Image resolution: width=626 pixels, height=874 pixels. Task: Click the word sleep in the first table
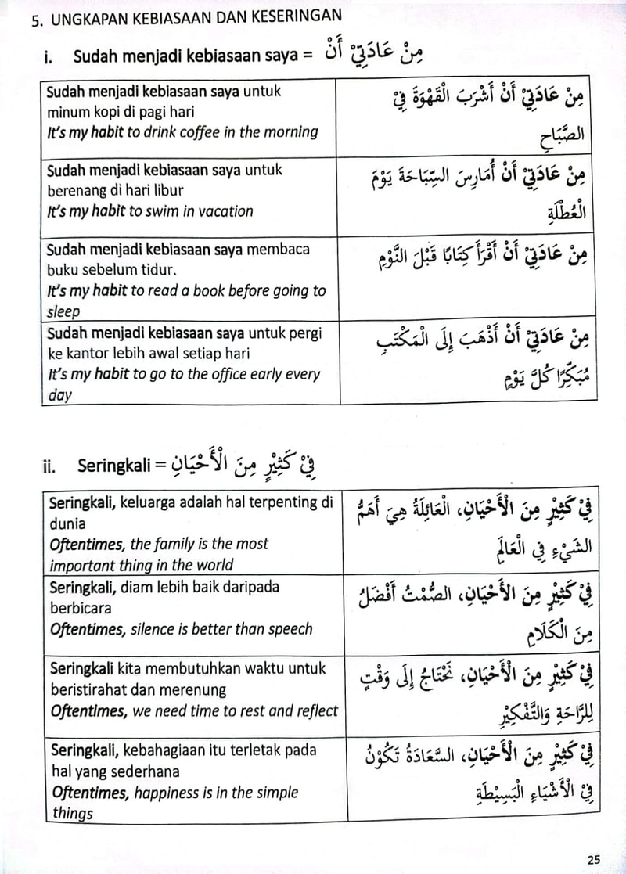[63, 311]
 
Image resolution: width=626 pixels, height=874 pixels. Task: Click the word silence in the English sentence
[163, 628]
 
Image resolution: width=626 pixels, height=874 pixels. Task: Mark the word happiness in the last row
[166, 792]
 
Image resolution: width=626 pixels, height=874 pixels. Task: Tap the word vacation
[223, 211]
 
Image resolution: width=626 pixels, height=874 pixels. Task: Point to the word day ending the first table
[59, 395]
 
